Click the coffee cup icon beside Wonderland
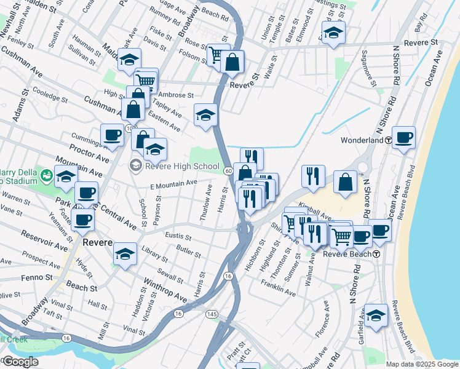coord(403,138)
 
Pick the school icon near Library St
coord(125,255)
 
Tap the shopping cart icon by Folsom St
coord(216,55)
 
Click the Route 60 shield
coord(228,170)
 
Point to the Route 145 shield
coord(212,314)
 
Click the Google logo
coord(20,362)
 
